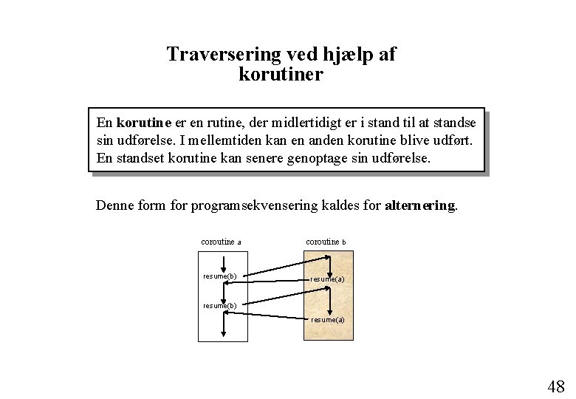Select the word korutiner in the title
[281, 75]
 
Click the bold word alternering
[421, 205]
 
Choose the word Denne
[114, 205]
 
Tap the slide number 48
[556, 386]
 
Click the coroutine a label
[221, 242]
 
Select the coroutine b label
[326, 242]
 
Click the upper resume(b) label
[220, 276]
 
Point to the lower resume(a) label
[328, 320]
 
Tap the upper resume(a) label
[328, 279]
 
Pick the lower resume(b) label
[220, 305]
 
